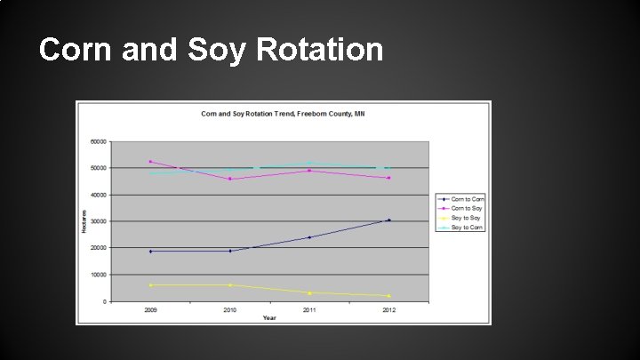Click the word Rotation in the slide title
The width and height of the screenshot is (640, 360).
pyautogui.click(x=320, y=50)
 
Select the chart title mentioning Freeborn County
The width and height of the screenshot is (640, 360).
pyautogui.click(x=283, y=114)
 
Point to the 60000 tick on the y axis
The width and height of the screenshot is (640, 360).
pyautogui.click(x=99, y=140)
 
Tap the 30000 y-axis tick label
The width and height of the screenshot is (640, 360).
pyautogui.click(x=99, y=221)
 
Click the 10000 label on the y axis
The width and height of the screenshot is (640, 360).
pyautogui.click(x=99, y=275)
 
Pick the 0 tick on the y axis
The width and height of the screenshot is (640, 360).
pyautogui.click(x=105, y=301)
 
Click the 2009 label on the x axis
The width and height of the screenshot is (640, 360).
pyautogui.click(x=150, y=310)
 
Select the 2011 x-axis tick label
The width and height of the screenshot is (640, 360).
pyautogui.click(x=309, y=310)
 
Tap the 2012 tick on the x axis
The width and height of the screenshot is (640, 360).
pyautogui.click(x=388, y=310)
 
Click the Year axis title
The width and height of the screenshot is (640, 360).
pyautogui.click(x=270, y=317)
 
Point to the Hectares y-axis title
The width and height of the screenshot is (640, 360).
pyautogui.click(x=85, y=221)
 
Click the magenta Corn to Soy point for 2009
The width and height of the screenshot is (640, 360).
pyautogui.click(x=150, y=162)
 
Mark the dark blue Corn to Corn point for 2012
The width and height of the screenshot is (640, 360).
pyautogui.click(x=388, y=220)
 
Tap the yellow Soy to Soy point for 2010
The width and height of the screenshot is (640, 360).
pyautogui.click(x=230, y=285)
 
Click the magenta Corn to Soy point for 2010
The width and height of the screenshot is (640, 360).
pyautogui.click(x=230, y=179)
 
